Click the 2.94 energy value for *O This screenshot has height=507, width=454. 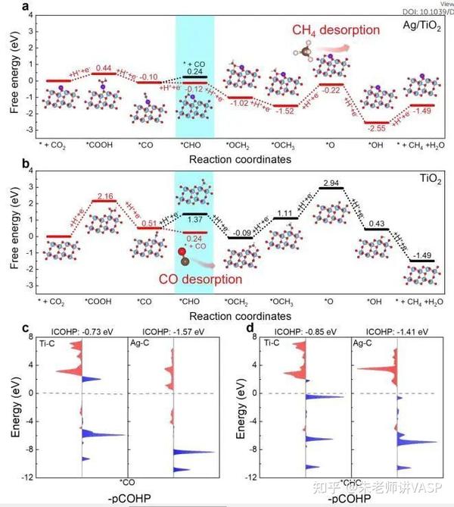click(330, 184)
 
